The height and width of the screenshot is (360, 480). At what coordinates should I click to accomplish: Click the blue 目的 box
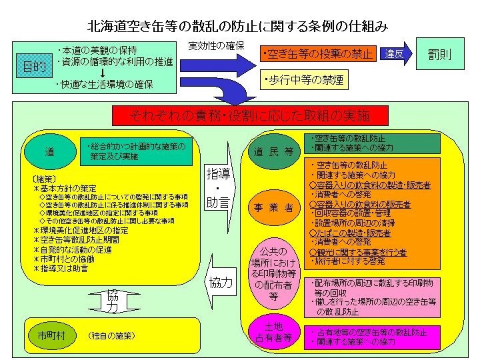(35, 67)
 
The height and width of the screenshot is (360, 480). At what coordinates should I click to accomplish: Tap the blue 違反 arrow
(395, 54)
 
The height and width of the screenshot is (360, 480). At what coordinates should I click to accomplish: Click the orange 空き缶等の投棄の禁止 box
(317, 54)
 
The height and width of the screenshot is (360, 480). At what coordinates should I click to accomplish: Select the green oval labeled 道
(49, 151)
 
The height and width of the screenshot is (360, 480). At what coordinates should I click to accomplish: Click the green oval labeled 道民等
(273, 151)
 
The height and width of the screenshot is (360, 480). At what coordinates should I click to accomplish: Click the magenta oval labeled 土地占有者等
(273, 332)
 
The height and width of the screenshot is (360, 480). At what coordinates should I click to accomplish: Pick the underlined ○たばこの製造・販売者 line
(350, 233)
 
